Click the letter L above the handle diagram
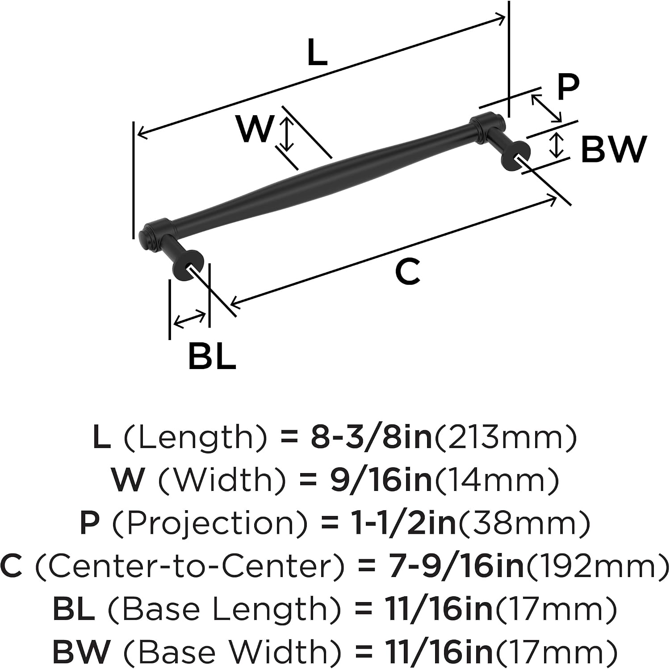(318, 53)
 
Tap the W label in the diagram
(255, 129)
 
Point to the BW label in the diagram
(614, 149)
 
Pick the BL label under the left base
(212, 356)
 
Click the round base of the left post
(188, 266)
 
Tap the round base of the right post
(518, 156)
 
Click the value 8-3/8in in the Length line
(372, 438)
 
